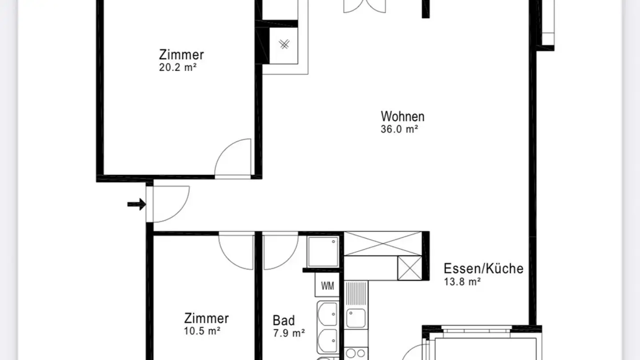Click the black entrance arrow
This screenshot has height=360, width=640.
click(136, 204)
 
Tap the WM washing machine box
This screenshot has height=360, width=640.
click(327, 285)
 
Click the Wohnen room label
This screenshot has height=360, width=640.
click(402, 116)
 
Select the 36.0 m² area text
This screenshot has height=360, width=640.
click(400, 129)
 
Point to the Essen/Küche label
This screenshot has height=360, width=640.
click(483, 268)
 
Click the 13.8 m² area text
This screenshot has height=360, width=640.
click(462, 281)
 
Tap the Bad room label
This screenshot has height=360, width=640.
click(284, 320)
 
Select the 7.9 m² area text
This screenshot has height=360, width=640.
click(288, 332)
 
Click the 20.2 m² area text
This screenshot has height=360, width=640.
click(178, 68)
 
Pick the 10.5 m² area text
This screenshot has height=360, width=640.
click(203, 331)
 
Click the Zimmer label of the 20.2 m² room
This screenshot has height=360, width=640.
click(181, 55)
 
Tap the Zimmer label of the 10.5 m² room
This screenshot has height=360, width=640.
click(206, 318)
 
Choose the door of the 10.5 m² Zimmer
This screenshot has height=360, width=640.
click(237, 251)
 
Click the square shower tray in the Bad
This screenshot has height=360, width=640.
click(323, 252)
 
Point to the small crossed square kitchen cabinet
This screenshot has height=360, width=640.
click(409, 268)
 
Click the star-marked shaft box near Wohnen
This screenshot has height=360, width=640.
click(284, 44)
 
